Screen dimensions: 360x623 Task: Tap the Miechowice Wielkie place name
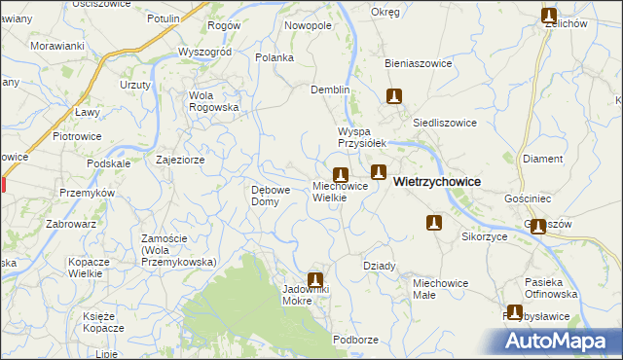[x=340, y=192]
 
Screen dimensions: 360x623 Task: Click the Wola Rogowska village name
[x=214, y=101]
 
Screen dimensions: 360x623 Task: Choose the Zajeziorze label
[x=179, y=159]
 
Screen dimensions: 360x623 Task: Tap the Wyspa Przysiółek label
[x=362, y=136]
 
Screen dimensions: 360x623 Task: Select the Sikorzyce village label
[x=486, y=236]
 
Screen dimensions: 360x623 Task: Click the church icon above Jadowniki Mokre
[x=314, y=279]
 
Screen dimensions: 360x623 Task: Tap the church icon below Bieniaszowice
[x=394, y=96]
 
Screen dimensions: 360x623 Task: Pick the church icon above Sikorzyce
[x=434, y=224]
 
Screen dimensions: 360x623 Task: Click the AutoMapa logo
[x=558, y=340]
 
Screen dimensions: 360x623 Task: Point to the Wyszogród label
[x=203, y=52]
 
